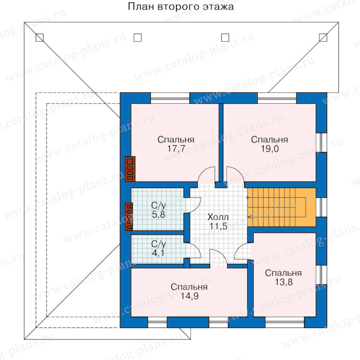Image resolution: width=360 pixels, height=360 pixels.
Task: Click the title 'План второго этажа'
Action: (181, 6)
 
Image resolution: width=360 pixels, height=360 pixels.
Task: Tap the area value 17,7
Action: (176, 148)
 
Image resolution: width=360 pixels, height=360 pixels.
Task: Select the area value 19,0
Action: (270, 148)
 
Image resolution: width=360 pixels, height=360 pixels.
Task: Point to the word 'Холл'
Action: (218, 217)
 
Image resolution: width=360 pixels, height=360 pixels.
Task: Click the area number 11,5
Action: (218, 226)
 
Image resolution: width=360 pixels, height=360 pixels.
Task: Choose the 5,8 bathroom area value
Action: (158, 214)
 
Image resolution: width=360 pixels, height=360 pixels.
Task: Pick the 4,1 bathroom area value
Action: (158, 253)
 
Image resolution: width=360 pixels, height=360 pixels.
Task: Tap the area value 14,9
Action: (190, 296)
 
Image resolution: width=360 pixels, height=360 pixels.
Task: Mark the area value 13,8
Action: (284, 282)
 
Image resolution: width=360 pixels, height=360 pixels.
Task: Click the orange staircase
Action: (282, 207)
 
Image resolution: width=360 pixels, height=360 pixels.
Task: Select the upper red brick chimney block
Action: (130, 169)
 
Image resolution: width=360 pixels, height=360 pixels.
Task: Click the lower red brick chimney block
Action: (129, 216)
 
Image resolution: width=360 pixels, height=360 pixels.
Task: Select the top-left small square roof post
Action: (40, 38)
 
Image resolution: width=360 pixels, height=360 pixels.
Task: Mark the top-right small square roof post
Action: (323, 38)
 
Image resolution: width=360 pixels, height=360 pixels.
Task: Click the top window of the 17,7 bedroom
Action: (170, 98)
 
